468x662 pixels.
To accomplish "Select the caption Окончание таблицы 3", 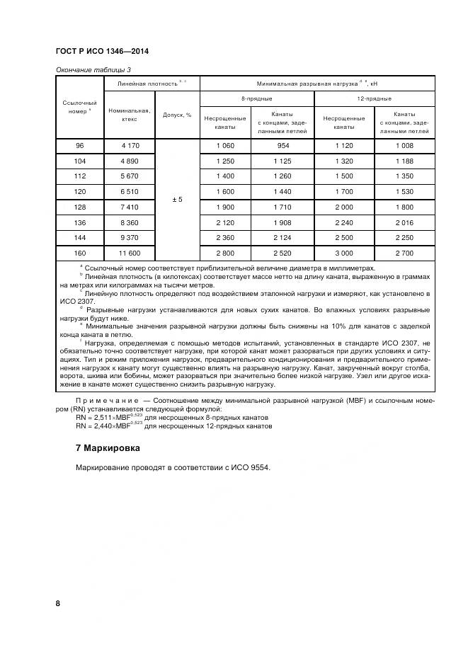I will pyautogui.click(x=93, y=69).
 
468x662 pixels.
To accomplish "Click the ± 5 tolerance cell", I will pyautogui.click(x=177, y=200).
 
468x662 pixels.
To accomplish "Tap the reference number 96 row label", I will pyautogui.click(x=79, y=146).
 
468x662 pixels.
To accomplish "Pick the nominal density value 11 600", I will pyautogui.click(x=129, y=253).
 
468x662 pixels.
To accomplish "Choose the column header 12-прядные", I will pyautogui.click(x=374, y=98).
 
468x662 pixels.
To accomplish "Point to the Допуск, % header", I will pyautogui.click(x=177, y=115).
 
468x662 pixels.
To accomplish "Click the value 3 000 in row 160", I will pyautogui.click(x=343, y=253).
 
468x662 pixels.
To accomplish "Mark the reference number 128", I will pyautogui.click(x=79, y=207).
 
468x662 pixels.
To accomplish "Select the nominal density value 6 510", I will pyautogui.click(x=129, y=191).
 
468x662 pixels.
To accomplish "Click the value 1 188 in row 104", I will pyautogui.click(x=404, y=161).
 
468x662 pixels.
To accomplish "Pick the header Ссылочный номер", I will pyautogui.click(x=79, y=107).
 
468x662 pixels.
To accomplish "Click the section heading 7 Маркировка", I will pyautogui.click(x=108, y=448).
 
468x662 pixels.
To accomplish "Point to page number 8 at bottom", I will pyautogui.click(x=58, y=603).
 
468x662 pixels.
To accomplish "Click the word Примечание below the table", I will pyautogui.click(x=104, y=401).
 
